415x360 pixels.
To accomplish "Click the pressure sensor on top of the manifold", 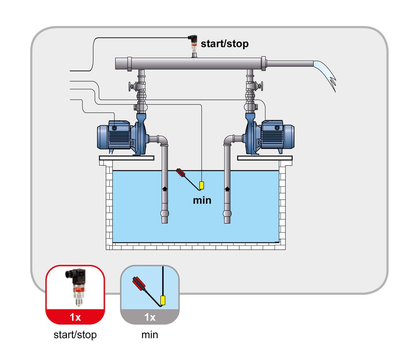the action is coord(193,44).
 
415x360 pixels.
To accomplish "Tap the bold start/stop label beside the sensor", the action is coord(225,44).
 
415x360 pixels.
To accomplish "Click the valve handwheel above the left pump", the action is coord(130,86).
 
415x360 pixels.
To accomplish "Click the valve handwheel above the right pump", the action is coord(261,86).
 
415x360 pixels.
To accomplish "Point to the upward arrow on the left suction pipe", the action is coord(164,188).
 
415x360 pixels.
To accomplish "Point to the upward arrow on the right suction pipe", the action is coord(227,188).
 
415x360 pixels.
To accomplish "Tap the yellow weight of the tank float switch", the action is coord(201,185).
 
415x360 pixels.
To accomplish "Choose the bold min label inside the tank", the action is coord(202,200).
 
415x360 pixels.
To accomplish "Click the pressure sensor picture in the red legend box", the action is coord(76,287).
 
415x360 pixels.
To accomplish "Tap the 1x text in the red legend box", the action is coord(75,317).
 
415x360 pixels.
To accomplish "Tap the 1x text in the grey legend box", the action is coord(150,317).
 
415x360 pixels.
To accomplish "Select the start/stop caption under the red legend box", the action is coord(75,335).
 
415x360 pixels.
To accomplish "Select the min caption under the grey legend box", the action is coord(150,335).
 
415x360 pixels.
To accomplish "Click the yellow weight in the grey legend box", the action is coord(163,300).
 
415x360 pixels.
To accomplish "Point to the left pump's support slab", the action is coord(126,158).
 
